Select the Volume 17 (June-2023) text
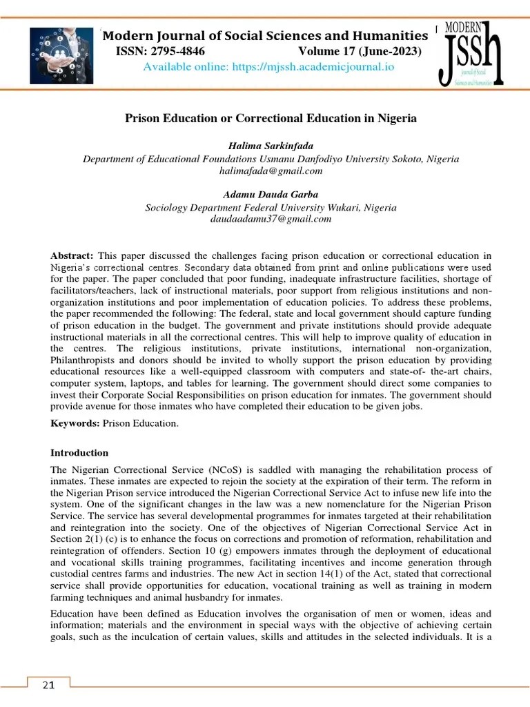360,51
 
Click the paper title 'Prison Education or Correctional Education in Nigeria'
271,119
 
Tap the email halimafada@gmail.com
271,171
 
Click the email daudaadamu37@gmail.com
271,219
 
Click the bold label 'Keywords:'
75,423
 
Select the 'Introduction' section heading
79,453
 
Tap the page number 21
48,685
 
